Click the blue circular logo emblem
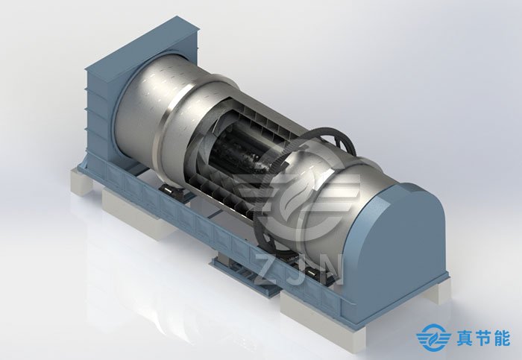432,338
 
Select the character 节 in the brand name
482,338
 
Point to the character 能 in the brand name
501,338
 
